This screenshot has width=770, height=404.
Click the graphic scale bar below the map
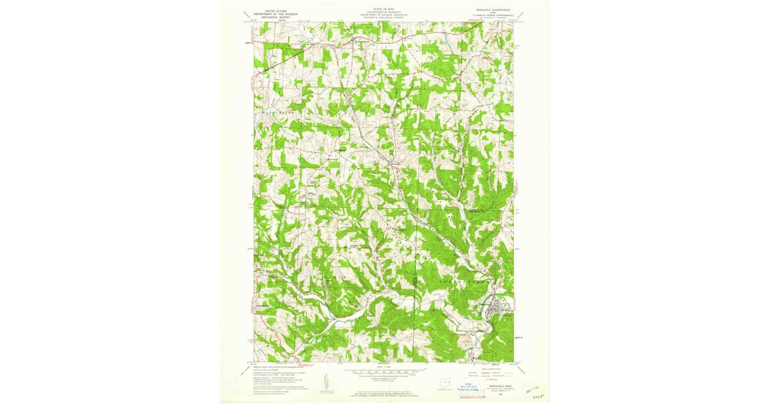pos(384,371)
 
